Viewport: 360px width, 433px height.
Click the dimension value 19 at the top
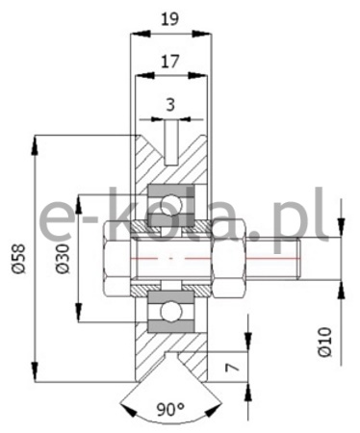[169, 19]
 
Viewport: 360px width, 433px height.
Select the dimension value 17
[169, 61]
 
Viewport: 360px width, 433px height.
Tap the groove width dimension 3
[170, 105]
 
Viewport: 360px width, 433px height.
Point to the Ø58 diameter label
[18, 259]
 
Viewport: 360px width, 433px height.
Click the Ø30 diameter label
[63, 259]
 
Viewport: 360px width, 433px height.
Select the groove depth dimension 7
[232, 368]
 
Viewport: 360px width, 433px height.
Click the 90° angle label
[170, 409]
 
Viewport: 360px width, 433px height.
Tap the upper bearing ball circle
[170, 205]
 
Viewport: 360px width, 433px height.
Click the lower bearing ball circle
[170, 311]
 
